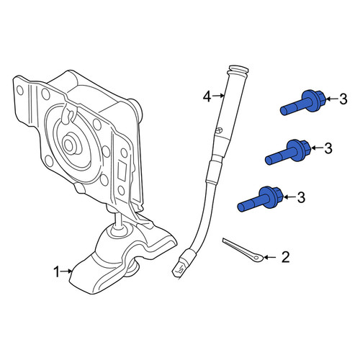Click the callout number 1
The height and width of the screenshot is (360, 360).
(56, 272)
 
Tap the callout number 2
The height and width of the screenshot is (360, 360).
(285, 257)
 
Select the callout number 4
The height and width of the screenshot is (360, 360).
(207, 97)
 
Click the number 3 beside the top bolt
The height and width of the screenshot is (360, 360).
(343, 99)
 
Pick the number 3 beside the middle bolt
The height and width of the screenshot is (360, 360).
(328, 148)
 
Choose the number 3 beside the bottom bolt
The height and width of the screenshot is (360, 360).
(301, 197)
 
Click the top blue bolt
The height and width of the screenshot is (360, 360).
(303, 103)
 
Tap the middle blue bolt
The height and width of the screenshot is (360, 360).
(288, 152)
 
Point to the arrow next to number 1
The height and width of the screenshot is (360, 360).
(67, 271)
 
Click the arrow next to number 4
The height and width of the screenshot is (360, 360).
(218, 96)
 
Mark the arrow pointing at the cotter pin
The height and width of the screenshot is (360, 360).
(271, 257)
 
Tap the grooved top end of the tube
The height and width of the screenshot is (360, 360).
(238, 70)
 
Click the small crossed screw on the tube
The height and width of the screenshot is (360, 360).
(219, 130)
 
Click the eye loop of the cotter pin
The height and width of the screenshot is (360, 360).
(258, 258)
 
